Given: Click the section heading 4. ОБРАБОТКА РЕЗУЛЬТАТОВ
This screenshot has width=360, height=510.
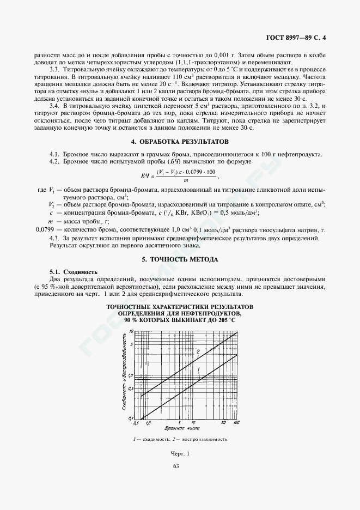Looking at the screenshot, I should tap(180, 142).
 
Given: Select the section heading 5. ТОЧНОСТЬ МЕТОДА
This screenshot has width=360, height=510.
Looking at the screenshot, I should tap(180, 259).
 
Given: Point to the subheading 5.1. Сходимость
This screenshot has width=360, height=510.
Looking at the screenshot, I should tap(74, 271).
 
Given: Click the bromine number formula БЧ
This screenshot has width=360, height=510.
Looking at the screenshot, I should tap(180, 175).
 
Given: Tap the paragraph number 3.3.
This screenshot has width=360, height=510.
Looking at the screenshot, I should tap(54, 70).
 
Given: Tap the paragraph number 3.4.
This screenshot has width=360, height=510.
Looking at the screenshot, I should tap(54, 105).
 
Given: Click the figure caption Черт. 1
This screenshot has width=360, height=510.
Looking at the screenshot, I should tap(180, 453).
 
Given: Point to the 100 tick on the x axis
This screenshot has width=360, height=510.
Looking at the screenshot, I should tap(236, 423).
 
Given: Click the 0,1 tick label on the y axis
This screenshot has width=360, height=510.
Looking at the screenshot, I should tap(130, 417).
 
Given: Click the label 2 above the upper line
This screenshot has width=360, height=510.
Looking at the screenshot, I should tap(198, 351).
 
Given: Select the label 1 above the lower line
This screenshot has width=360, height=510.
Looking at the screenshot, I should tap(199, 370).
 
